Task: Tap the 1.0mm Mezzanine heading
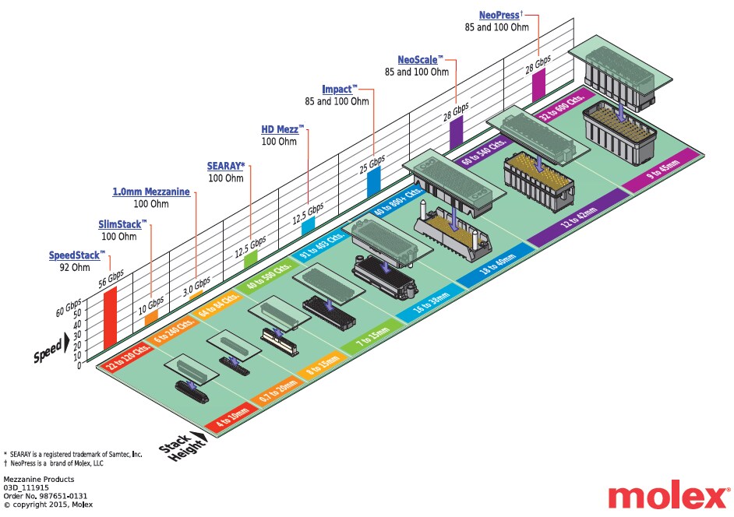151,192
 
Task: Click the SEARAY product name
226,166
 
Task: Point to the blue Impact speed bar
373,181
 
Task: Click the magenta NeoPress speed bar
538,83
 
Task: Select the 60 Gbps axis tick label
68,309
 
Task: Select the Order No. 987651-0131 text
45,496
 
